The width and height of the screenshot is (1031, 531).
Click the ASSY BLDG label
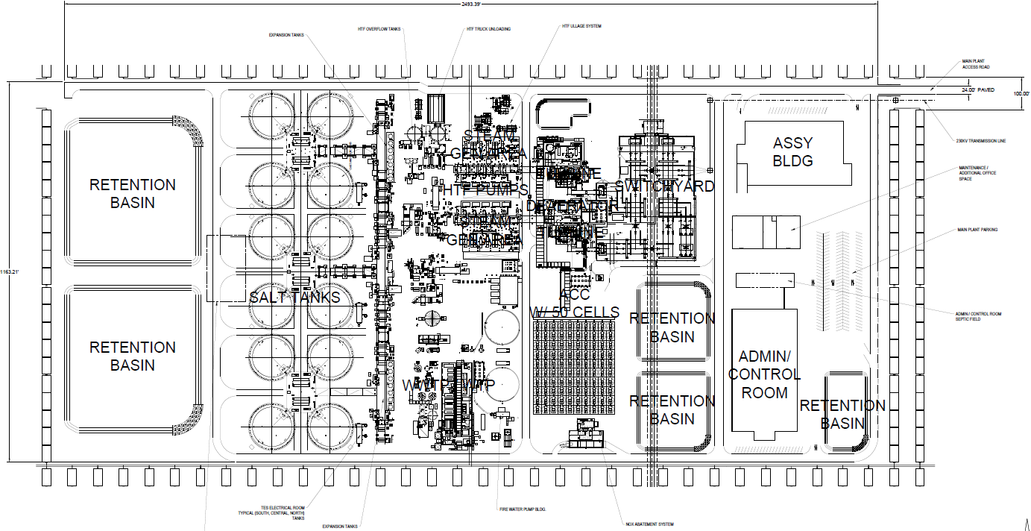tap(792, 151)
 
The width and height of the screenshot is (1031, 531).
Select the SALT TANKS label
tap(294, 298)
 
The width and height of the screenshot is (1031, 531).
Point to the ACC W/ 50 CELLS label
tap(574, 304)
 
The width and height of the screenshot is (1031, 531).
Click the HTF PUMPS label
tap(485, 190)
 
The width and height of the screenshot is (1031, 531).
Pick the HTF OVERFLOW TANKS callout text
tap(379, 29)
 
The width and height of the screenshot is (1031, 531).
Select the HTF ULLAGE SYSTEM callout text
tap(581, 26)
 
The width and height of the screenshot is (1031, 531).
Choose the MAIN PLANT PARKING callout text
tap(977, 230)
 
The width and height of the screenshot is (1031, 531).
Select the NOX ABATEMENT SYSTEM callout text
tap(649, 524)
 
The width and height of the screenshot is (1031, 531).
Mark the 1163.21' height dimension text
tap(4, 271)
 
